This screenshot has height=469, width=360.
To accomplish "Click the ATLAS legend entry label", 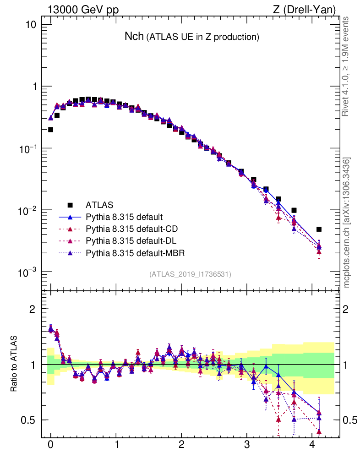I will [99, 205].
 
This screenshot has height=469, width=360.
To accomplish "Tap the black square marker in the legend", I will [71, 205].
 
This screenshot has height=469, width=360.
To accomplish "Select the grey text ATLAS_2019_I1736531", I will [190, 274].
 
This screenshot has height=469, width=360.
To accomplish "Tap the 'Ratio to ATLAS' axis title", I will [15, 364].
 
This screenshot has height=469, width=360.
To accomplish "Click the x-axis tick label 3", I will [247, 444].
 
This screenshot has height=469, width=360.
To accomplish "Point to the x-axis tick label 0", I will [50, 444].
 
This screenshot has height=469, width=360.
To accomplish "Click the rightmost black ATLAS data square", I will [319, 229].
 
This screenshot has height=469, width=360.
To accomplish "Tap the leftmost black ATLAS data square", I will [51, 130].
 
